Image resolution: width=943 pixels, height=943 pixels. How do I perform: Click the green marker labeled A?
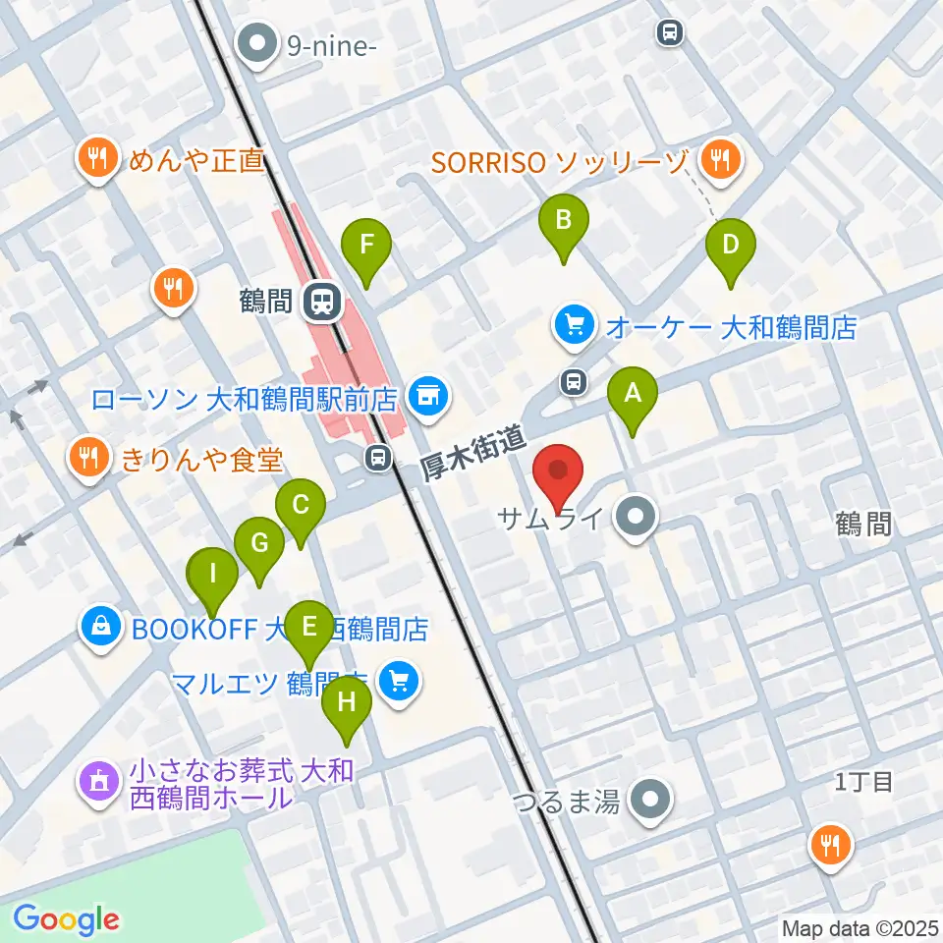tap(634, 396)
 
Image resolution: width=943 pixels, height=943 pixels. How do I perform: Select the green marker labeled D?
tap(730, 246)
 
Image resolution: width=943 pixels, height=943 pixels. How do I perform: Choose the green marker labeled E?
tap(309, 628)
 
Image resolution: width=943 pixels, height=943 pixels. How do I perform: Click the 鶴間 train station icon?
tap(320, 302)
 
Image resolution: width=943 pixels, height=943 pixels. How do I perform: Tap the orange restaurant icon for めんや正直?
tap(96, 159)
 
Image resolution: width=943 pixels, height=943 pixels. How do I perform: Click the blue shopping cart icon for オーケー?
tap(575, 326)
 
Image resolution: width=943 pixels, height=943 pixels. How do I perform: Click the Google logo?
tap(66, 919)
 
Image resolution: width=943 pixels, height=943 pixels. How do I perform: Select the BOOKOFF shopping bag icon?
tap(101, 627)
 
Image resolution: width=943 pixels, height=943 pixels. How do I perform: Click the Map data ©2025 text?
tap(860, 927)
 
